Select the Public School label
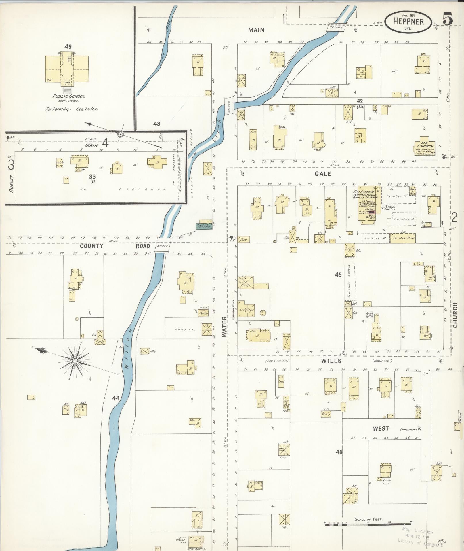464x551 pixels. [x=69, y=96]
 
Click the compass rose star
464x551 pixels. [x=75, y=361]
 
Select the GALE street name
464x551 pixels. [x=323, y=174]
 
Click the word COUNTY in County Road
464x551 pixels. [x=91, y=246]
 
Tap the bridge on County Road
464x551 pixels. [x=163, y=245]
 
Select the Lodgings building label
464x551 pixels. [x=247, y=310]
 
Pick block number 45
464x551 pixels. [x=338, y=275]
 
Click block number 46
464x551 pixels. [x=339, y=452]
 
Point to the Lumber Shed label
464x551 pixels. [x=403, y=238]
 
